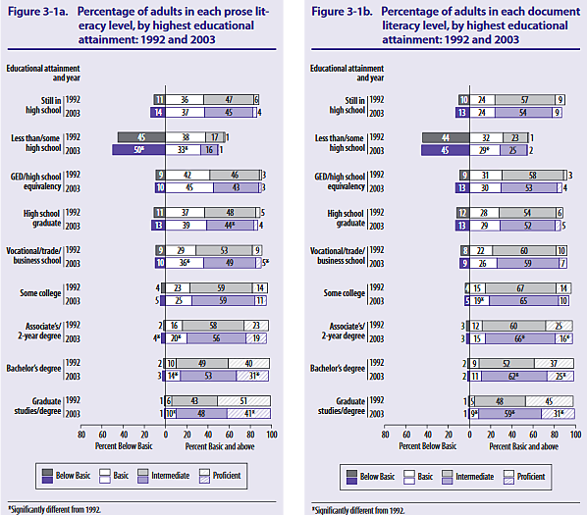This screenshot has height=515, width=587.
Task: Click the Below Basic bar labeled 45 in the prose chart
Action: click(x=142, y=137)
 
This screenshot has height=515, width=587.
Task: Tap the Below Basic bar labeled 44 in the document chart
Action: click(x=447, y=137)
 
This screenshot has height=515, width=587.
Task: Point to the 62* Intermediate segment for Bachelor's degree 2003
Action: click(x=513, y=375)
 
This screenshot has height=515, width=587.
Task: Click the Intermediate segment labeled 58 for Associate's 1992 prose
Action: click(x=213, y=325)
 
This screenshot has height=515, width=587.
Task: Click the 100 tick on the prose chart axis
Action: click(x=271, y=433)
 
